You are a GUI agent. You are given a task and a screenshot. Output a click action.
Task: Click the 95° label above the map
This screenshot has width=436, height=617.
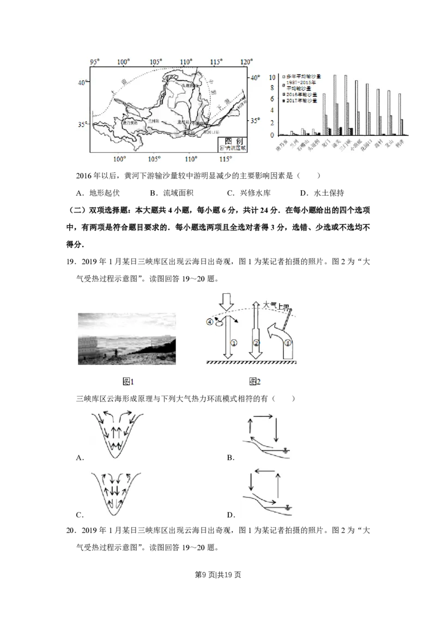(95, 61)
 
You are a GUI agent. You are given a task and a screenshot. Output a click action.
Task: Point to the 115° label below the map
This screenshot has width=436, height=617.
(225, 159)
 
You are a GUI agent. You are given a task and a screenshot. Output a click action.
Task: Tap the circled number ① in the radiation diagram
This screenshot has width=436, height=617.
(233, 343)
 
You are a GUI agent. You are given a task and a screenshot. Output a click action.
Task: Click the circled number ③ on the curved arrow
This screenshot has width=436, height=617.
(287, 342)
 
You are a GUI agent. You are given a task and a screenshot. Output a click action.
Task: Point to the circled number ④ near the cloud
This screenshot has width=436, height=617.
(209, 322)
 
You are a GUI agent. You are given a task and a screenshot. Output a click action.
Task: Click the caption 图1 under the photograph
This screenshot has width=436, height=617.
(128, 382)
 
